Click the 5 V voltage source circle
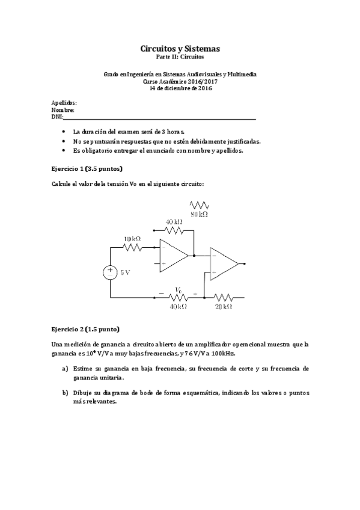(111, 272)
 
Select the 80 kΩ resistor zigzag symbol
(199, 205)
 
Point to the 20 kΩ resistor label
(224, 306)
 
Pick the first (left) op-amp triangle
(172, 255)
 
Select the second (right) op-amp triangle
(222, 263)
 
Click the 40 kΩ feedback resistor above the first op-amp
(174, 229)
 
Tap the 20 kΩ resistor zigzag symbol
(224, 297)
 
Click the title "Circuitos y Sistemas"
(180, 48)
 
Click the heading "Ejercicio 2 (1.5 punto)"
(86, 329)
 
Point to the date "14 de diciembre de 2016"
(180, 88)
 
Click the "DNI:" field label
(58, 117)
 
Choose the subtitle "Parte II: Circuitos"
(180, 57)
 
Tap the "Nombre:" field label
(63, 111)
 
